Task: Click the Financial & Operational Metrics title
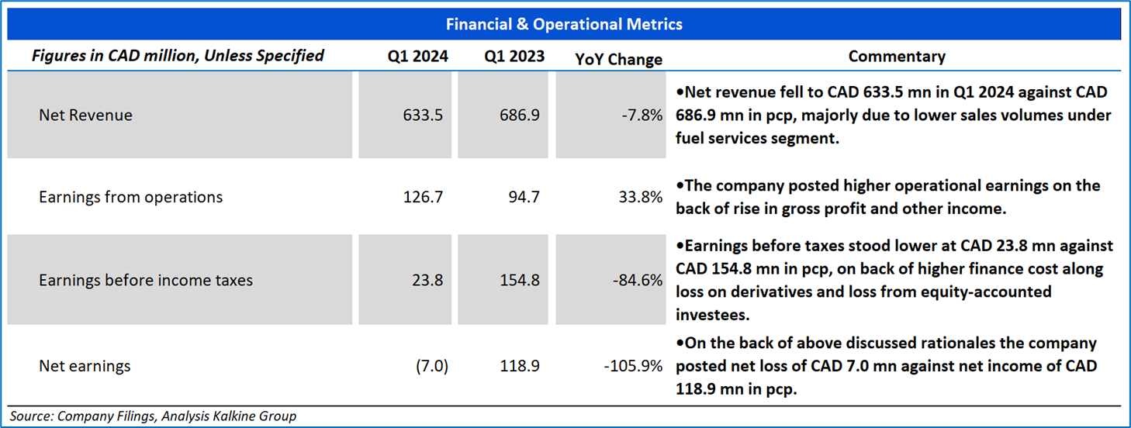click(564, 24)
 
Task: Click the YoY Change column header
click(618, 59)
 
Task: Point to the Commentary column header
click(897, 57)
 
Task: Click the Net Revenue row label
click(85, 116)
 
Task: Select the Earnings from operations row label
click(130, 198)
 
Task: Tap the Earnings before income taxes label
click(146, 281)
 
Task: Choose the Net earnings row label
click(85, 365)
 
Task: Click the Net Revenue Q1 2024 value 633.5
click(423, 116)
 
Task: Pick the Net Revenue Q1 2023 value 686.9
click(520, 116)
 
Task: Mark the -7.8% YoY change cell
click(642, 116)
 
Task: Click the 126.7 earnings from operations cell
click(423, 198)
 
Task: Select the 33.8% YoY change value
click(640, 198)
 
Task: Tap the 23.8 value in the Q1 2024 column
click(428, 281)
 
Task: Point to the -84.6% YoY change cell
click(638, 281)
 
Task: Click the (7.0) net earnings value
click(431, 365)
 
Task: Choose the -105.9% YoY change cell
click(634, 365)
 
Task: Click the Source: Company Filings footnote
click(153, 416)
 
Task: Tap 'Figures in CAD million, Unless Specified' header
click(178, 56)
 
